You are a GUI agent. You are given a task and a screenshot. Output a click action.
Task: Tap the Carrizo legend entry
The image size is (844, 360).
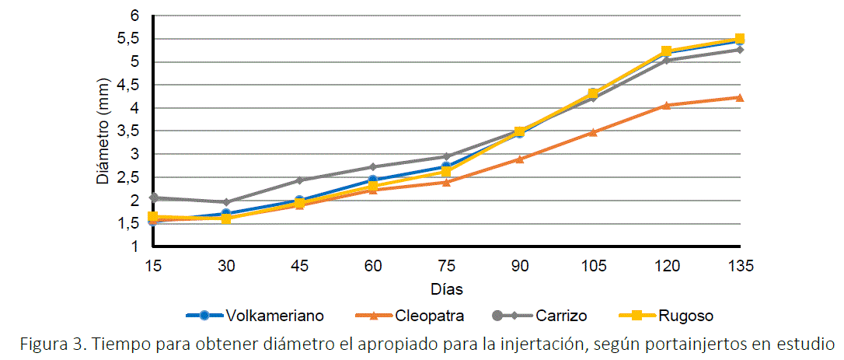560,316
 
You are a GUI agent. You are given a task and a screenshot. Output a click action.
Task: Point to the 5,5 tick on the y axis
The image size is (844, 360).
128,39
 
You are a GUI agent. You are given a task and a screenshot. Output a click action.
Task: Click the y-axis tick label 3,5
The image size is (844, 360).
128,131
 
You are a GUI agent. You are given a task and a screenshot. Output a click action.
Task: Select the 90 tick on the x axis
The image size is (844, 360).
520,266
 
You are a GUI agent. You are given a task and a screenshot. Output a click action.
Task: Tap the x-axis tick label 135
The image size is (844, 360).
741,266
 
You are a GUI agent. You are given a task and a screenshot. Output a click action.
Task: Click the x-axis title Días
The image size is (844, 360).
447,289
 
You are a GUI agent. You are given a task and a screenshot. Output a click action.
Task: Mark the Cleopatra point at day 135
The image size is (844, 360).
740,97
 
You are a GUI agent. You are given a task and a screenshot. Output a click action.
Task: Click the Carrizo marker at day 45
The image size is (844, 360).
300,180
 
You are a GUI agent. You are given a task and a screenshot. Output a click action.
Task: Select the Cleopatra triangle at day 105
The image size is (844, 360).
593,132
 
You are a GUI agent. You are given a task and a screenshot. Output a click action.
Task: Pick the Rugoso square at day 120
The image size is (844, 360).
666,52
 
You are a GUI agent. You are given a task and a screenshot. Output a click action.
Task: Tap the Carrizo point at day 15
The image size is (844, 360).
153,197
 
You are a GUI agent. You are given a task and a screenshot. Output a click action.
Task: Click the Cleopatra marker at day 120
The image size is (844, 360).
666,105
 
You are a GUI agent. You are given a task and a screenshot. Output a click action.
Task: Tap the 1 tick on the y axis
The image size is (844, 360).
134,246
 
